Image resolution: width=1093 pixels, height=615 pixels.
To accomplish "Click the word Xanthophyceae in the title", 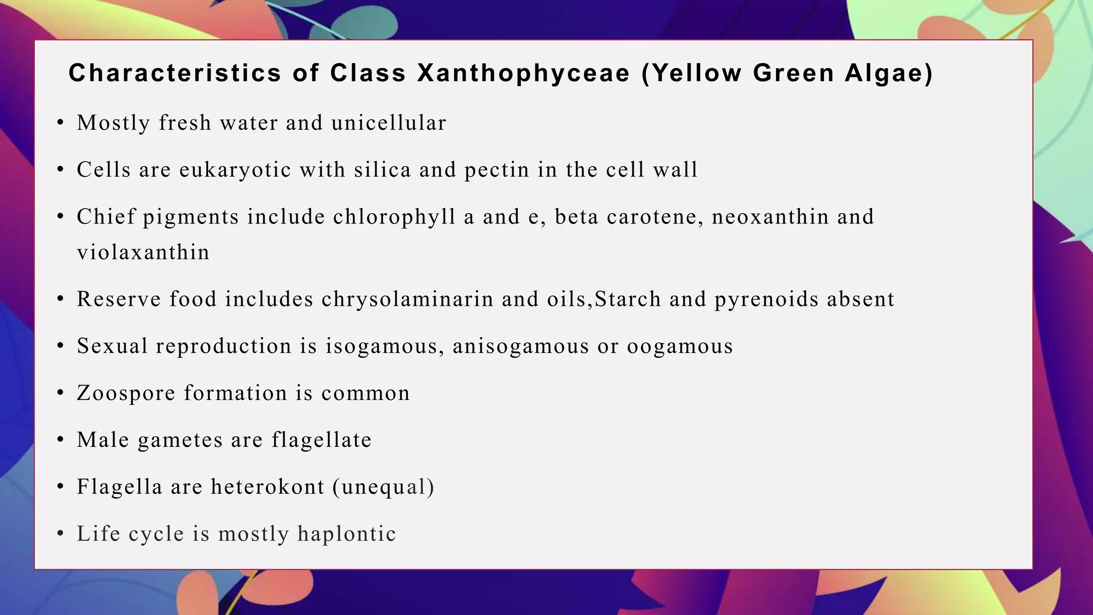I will (524, 74).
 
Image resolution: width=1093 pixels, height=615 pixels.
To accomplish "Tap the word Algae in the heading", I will (889, 74).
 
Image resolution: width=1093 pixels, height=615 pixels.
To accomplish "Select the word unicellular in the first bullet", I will (389, 123).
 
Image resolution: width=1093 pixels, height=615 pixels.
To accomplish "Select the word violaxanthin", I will (143, 252).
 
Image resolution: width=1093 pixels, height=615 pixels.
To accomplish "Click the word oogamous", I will (680, 346).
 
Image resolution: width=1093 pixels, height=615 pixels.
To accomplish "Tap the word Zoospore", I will (126, 393).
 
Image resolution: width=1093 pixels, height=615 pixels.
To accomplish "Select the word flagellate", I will (321, 440).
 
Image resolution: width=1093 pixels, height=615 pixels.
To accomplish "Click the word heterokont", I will (267, 487).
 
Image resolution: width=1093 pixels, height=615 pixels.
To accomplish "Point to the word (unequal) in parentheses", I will (383, 487).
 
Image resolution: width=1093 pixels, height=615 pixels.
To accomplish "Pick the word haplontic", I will (346, 534).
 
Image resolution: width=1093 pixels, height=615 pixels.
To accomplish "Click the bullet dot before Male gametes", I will (61, 440).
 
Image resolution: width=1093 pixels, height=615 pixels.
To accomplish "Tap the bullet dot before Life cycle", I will (61, 534).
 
